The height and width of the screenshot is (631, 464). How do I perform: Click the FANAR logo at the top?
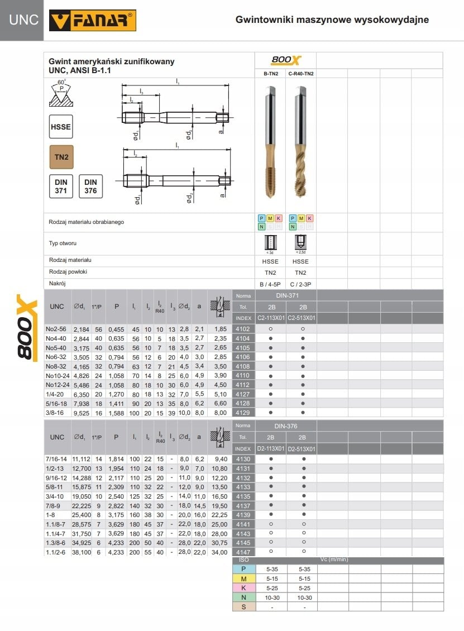[x=93, y=21]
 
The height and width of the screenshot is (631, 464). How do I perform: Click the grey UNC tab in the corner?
[x=22, y=20]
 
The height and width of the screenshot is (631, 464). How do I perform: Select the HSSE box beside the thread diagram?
[x=61, y=127]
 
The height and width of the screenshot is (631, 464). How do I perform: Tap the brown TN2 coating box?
[x=61, y=157]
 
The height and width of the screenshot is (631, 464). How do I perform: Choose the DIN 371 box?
[x=61, y=186]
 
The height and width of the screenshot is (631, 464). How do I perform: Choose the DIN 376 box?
[x=90, y=186]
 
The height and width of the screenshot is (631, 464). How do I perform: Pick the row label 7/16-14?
[x=56, y=459]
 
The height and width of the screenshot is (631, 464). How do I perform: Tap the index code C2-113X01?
[x=271, y=318]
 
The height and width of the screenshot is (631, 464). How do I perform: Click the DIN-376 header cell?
[x=286, y=426]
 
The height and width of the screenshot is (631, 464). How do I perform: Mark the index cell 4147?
[x=243, y=552]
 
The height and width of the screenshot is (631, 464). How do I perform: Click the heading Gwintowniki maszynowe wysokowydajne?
[x=332, y=20]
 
